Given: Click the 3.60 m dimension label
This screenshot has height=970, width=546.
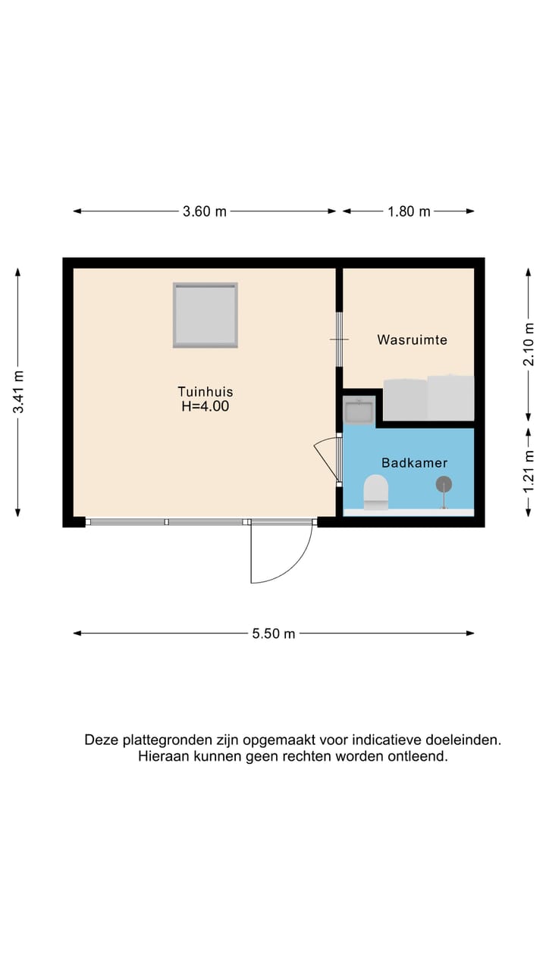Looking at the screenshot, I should click(x=205, y=211).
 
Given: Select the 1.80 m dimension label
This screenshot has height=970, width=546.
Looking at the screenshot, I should click(x=409, y=211).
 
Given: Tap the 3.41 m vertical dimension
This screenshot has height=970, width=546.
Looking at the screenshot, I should click(x=18, y=391).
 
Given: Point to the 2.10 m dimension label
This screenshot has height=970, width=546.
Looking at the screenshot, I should click(x=529, y=345).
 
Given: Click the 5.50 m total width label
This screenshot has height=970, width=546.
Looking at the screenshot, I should click(x=274, y=634).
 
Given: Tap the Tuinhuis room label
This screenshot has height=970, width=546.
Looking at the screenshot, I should click(x=205, y=392).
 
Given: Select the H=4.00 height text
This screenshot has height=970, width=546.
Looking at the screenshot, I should click(x=205, y=406).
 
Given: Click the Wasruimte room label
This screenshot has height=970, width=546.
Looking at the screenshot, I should click(x=412, y=340).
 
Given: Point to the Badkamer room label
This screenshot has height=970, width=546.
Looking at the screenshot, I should click(x=414, y=463).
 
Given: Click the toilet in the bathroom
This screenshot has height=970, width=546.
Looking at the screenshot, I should click(x=375, y=492).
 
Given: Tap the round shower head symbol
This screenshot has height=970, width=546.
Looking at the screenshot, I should click(x=444, y=484).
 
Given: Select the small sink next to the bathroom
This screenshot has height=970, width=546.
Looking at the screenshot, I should click(x=358, y=412).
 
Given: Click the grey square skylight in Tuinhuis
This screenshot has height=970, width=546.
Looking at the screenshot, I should click(x=205, y=314).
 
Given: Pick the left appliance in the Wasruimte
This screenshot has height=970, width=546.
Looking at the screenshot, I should click(x=405, y=399).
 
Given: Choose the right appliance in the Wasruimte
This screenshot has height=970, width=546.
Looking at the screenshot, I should click(x=450, y=397).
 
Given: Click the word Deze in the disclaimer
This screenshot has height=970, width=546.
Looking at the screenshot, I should click(x=101, y=740).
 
